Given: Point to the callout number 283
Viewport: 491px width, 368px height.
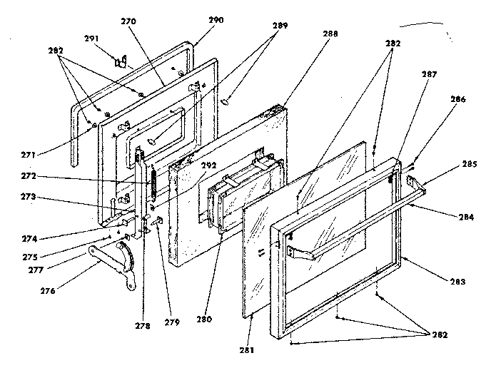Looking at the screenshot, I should (x=457, y=282).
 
